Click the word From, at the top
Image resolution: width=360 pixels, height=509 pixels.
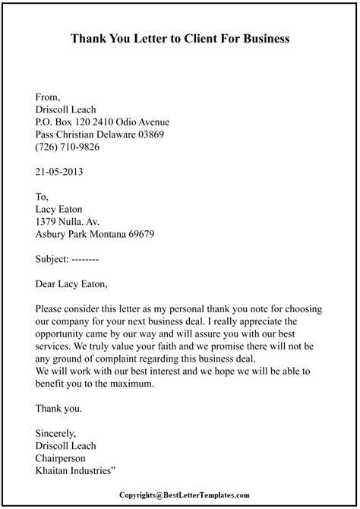[x=49, y=96]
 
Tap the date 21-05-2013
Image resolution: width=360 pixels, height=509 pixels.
[x=59, y=172]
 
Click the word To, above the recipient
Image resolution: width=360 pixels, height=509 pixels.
[x=43, y=195]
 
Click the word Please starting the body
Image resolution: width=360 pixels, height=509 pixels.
[x=51, y=309]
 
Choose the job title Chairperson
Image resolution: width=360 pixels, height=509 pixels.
[x=64, y=458]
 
